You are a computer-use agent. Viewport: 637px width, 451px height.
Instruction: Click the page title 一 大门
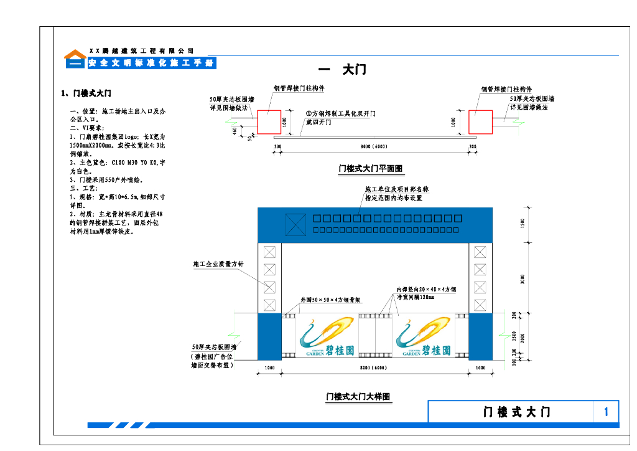342,70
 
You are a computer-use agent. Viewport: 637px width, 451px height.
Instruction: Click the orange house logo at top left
76,55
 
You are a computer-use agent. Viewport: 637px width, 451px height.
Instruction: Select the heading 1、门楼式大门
86,93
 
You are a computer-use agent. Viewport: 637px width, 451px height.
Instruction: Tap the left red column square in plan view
269,122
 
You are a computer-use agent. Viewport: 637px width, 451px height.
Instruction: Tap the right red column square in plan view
480,122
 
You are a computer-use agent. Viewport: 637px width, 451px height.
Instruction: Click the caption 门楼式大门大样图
359,396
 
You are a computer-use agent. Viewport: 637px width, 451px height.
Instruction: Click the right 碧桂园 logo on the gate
424,338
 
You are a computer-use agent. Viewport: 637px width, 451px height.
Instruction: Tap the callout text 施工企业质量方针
218,265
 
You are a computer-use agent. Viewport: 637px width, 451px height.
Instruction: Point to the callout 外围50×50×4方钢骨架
330,300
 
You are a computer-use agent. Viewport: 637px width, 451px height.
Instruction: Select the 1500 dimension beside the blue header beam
523,223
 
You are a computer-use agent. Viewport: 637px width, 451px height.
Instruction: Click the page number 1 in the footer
607,412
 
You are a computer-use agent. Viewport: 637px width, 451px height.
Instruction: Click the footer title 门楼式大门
517,412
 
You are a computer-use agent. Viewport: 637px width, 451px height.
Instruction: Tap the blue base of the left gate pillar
269,336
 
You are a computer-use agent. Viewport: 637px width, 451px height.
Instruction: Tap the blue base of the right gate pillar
480,336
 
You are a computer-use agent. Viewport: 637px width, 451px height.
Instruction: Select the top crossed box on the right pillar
480,252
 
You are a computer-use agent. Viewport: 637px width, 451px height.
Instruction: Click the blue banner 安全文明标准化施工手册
151,64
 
